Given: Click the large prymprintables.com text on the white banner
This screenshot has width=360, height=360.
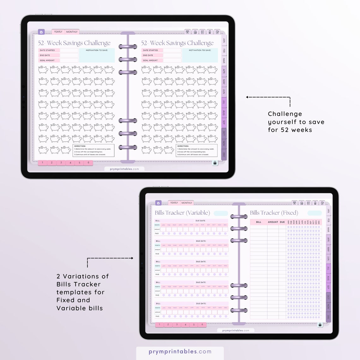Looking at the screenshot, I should click(180, 351).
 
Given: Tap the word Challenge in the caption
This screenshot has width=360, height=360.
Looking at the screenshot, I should click(285, 114).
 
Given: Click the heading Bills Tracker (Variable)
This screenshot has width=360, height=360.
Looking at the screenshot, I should click(182, 213).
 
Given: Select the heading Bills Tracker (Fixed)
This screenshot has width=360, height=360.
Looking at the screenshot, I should click(274, 213).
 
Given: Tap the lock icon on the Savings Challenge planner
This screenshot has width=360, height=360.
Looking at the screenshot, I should click(215, 163).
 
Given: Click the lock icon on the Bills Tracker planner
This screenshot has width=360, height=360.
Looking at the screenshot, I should click(320, 325).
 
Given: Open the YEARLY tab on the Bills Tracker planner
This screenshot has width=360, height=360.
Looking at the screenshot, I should click(174, 203).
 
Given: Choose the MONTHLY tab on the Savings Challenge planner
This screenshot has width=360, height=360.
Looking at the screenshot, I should click(72, 32).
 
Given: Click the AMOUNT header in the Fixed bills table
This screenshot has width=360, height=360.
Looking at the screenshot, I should click(273, 222).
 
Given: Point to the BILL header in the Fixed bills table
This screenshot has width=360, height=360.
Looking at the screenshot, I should click(259, 222).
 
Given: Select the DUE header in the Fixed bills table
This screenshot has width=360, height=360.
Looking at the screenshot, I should click(282, 222).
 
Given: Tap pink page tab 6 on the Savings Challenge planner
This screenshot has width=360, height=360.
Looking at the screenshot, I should click(88, 163).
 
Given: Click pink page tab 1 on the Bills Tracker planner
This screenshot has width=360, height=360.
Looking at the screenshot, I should click(159, 325).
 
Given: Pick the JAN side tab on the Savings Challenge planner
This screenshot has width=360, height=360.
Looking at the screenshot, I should click(224, 40).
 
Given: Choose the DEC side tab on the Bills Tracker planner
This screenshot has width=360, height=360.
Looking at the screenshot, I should click(328, 317).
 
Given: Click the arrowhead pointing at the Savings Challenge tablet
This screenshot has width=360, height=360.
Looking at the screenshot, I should click(247, 97).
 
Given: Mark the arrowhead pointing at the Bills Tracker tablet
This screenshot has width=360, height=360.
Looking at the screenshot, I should click(132, 258).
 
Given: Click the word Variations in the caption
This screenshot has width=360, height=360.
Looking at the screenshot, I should click(86, 276).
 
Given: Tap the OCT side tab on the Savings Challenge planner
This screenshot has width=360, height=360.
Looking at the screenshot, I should click(224, 133).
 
